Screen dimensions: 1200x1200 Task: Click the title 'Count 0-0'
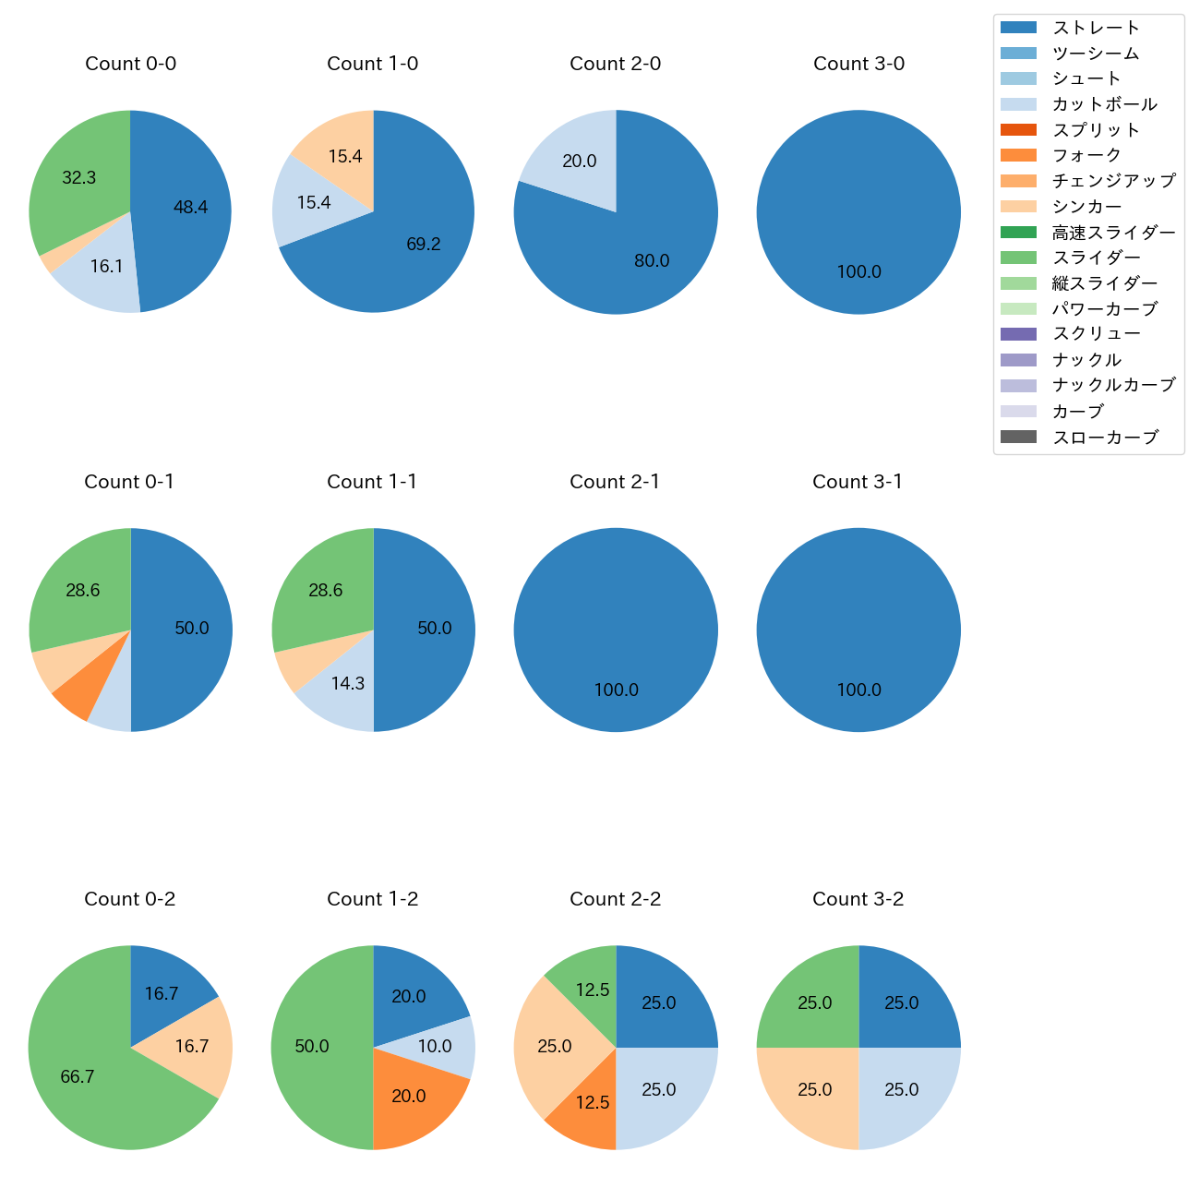tap(130, 64)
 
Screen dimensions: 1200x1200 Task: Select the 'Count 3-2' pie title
tap(858, 899)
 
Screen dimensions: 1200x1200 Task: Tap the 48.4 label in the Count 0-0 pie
tap(190, 208)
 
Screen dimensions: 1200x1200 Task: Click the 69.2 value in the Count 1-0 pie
tap(424, 245)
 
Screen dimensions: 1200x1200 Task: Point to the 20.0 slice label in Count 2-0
tap(580, 162)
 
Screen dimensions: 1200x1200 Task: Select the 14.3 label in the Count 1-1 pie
tap(348, 684)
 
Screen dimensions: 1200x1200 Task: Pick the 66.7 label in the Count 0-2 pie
tap(78, 1077)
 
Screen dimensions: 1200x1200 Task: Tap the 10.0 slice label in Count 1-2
tap(435, 1047)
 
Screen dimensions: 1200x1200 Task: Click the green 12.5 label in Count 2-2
tap(593, 990)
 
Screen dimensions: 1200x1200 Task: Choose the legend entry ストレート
tap(1096, 28)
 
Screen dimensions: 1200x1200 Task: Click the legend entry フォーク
tap(1086, 155)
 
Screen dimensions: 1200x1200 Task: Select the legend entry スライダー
tap(1096, 258)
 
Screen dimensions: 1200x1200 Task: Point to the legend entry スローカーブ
tap(1105, 438)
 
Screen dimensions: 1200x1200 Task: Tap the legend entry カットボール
tap(1104, 104)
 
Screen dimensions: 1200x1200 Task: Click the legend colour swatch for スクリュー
tap(1018, 334)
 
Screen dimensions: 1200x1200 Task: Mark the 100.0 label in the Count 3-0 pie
tap(858, 272)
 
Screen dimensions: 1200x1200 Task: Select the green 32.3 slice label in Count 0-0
tap(79, 178)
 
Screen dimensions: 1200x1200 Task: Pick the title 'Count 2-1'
tap(615, 482)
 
